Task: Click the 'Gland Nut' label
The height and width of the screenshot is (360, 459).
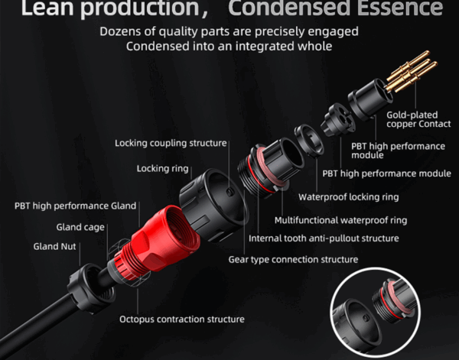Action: click(x=54, y=247)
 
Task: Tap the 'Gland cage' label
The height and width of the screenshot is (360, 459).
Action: click(x=80, y=227)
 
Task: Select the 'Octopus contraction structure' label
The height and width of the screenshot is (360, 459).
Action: click(x=182, y=319)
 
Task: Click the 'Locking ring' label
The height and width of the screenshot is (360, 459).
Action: click(x=162, y=169)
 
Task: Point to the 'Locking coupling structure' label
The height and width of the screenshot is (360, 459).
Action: click(x=171, y=143)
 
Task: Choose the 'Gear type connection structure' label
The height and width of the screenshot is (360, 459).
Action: click(x=293, y=259)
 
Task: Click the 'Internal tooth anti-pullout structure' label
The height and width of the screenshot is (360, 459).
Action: click(x=324, y=238)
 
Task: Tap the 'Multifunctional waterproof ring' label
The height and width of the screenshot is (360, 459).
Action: click(x=340, y=220)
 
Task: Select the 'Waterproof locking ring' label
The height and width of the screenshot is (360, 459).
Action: click(x=348, y=197)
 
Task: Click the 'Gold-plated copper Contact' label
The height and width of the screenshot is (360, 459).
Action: click(x=418, y=119)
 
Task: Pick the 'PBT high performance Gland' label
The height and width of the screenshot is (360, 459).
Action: click(x=75, y=206)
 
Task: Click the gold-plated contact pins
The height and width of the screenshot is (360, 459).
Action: click(x=410, y=72)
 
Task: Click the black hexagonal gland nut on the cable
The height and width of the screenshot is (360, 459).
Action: click(x=91, y=287)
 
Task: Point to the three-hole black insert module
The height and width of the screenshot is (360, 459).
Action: click(x=338, y=120)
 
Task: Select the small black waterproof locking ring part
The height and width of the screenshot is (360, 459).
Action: click(x=309, y=141)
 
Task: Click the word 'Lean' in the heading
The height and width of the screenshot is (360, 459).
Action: click(x=47, y=8)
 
